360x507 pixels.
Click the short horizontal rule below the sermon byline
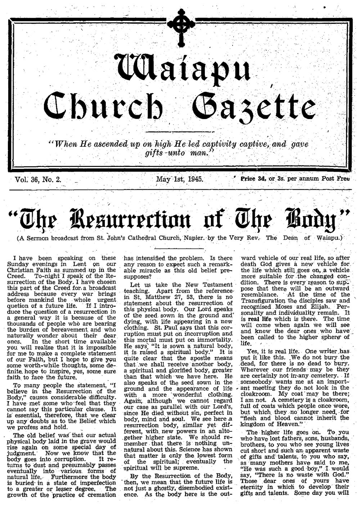[x=179, y=248]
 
